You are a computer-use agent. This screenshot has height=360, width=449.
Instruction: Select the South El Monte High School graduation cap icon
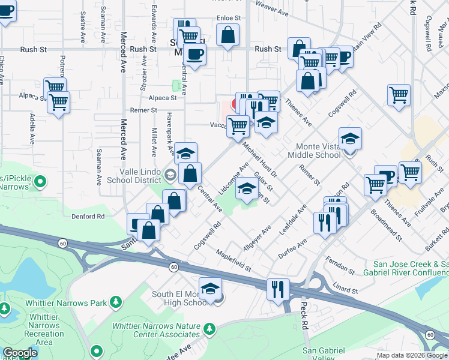(x=210, y=289)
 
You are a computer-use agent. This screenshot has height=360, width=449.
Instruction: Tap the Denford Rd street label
(x=88, y=216)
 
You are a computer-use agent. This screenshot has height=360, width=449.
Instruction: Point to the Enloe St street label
(x=228, y=19)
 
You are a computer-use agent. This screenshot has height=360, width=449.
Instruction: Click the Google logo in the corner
(x=19, y=353)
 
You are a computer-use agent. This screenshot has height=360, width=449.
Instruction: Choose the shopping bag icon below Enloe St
(x=228, y=35)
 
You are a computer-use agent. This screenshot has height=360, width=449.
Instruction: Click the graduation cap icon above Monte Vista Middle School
(x=350, y=139)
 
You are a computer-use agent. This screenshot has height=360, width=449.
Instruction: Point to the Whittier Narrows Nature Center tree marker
(x=209, y=329)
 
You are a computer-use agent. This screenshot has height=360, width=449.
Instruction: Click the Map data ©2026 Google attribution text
(x=412, y=355)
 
